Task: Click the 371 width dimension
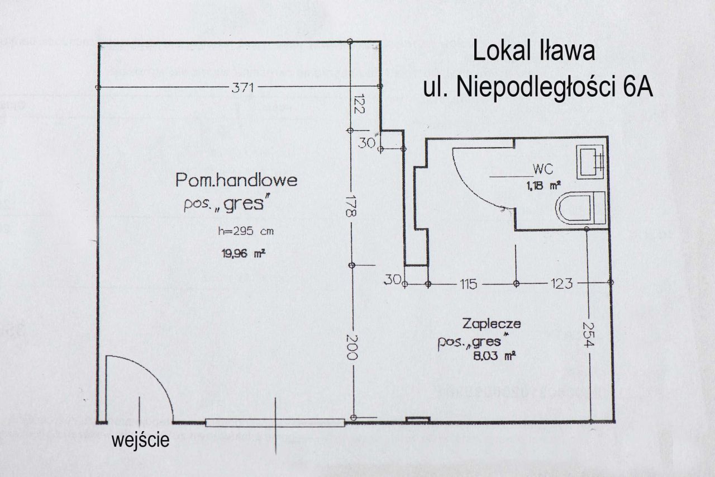click(243, 87)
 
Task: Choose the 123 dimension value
click(561, 284)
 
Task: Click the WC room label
click(543, 168)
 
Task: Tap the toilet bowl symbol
click(580, 208)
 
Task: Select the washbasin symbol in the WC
click(591, 161)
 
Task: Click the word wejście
click(140, 440)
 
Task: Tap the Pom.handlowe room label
click(236, 181)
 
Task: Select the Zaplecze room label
click(492, 323)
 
